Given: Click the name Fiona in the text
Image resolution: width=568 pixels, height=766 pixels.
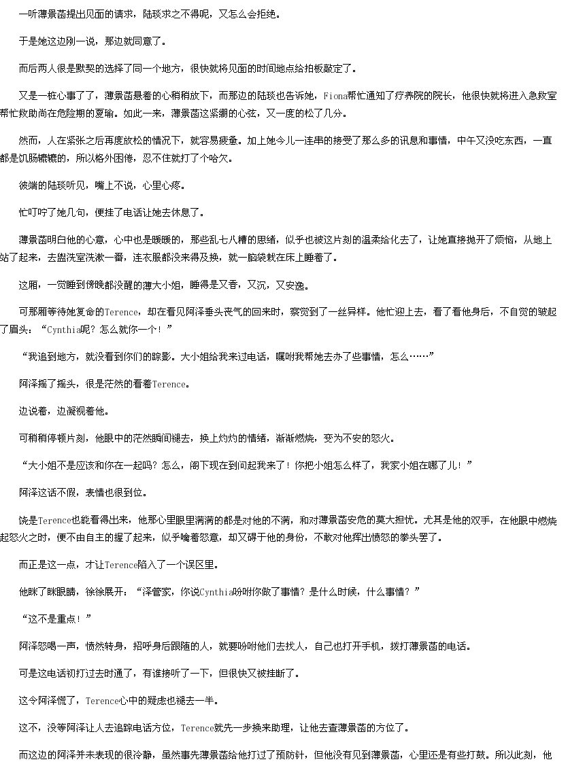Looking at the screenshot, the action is tap(335, 97).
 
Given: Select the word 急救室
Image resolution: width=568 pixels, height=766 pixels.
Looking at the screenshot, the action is tap(543, 97).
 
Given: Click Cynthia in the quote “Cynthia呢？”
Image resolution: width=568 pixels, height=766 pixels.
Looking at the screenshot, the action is tap(63, 330).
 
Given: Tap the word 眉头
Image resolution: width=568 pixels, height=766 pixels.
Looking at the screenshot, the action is tap(19, 330).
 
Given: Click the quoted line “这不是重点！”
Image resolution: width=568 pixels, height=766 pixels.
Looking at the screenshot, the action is tap(56, 619).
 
